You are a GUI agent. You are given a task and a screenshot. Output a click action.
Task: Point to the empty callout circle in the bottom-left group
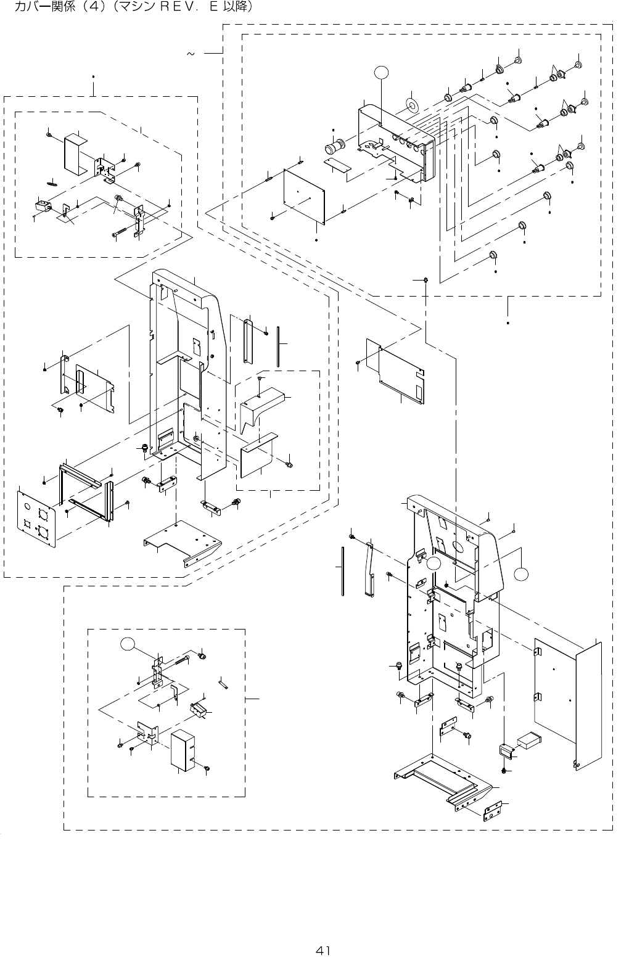click(x=128, y=644)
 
